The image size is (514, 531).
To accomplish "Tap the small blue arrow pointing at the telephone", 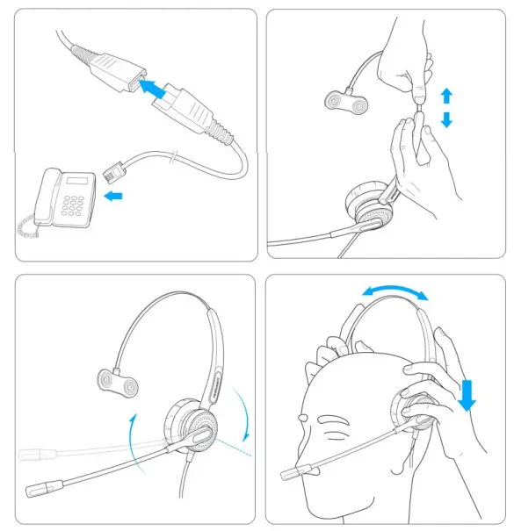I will (113, 197).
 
